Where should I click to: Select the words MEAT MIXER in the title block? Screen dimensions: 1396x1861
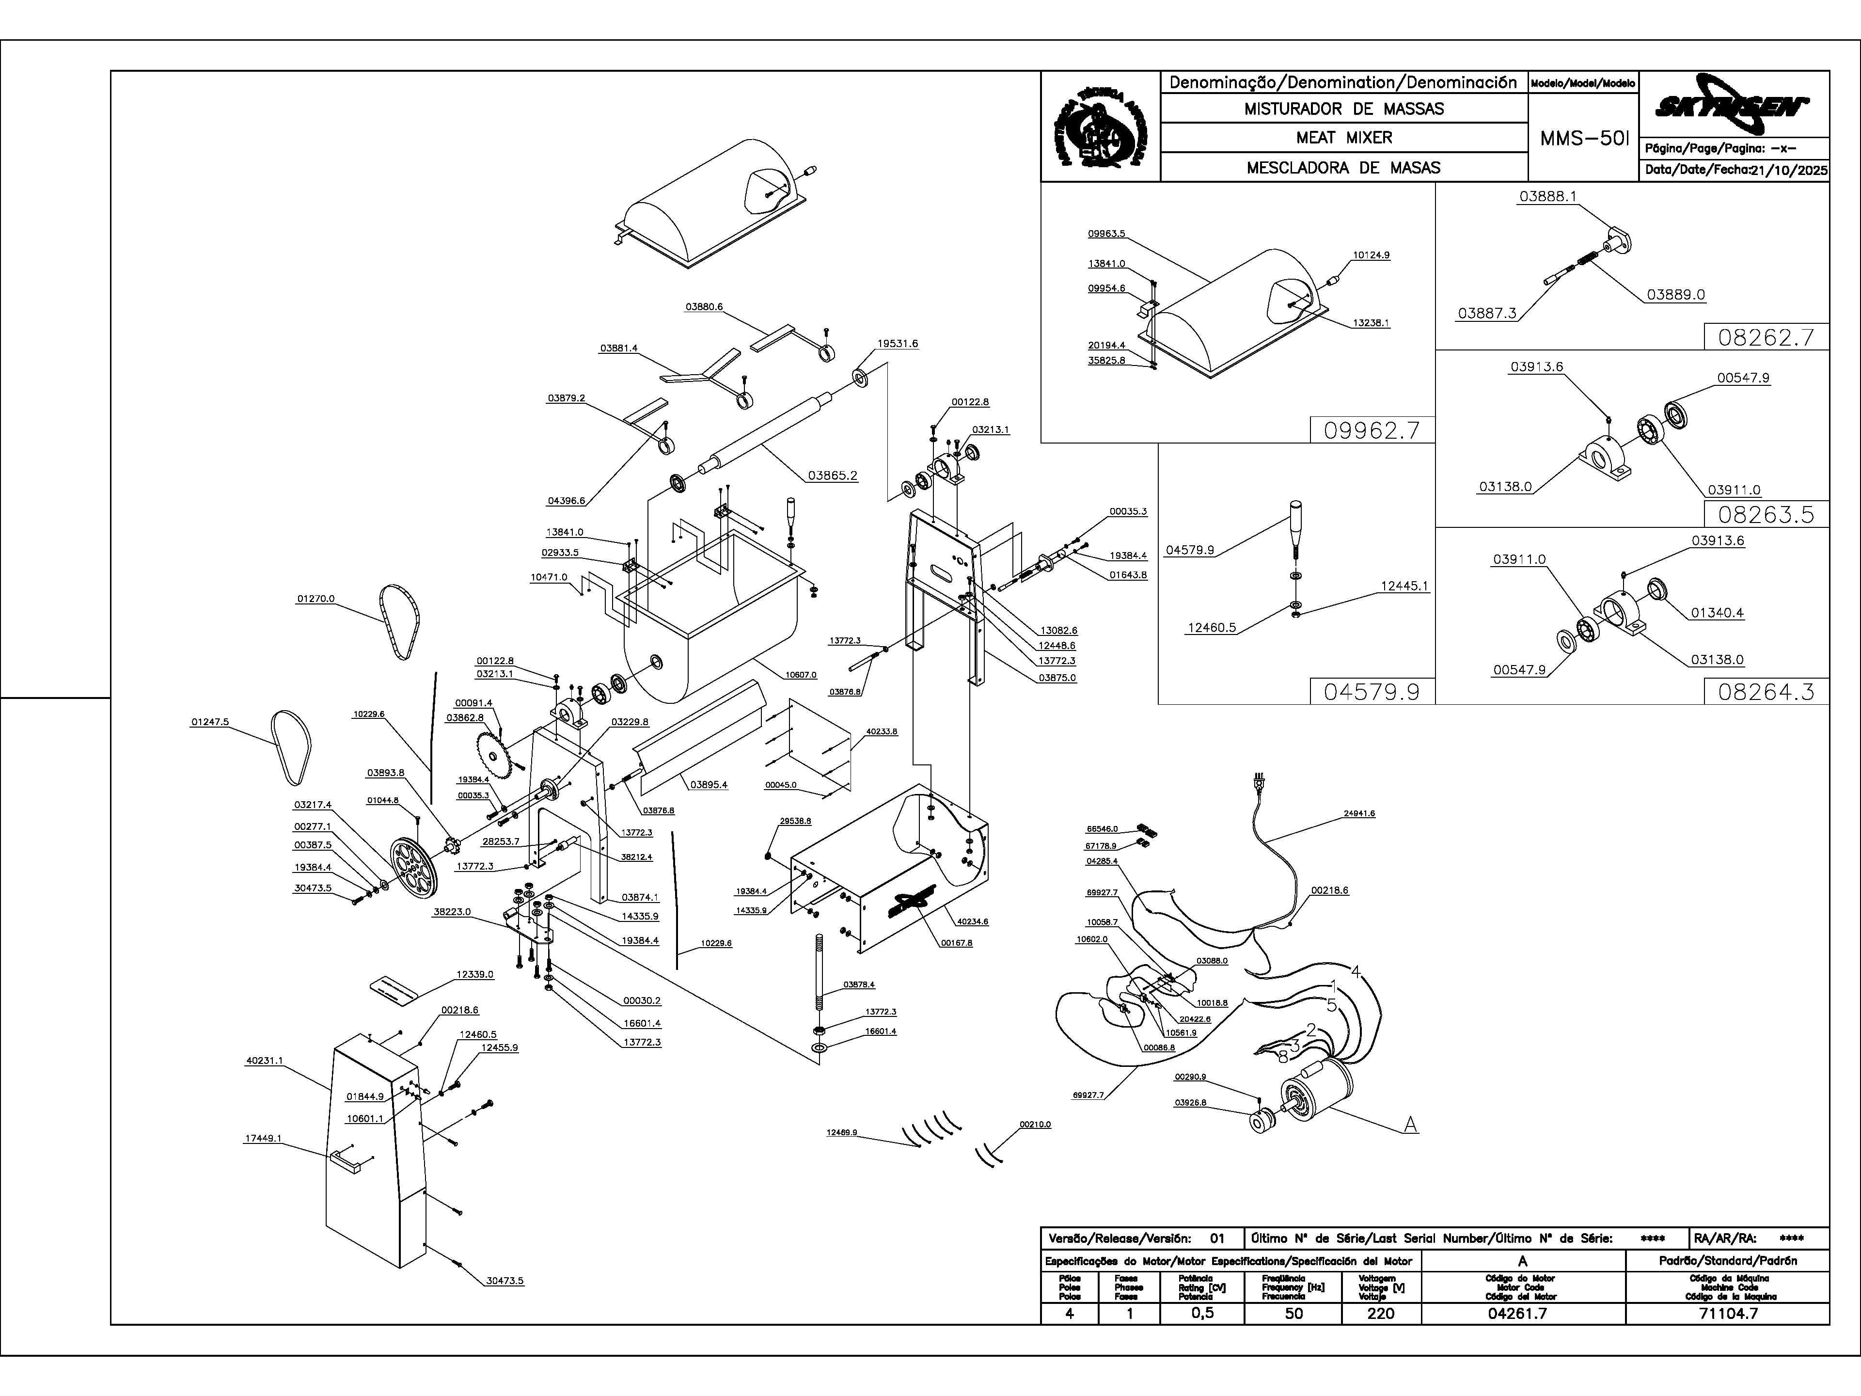click(1343, 137)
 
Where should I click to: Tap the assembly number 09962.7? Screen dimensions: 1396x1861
click(1372, 431)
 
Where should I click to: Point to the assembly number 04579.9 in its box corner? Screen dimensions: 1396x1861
click(1372, 692)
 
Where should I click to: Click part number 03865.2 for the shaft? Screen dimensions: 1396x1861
click(832, 476)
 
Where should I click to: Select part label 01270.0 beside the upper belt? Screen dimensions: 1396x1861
click(315, 599)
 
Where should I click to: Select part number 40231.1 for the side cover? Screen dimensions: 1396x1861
click(264, 1061)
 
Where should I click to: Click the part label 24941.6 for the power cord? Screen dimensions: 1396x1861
click(1359, 814)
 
